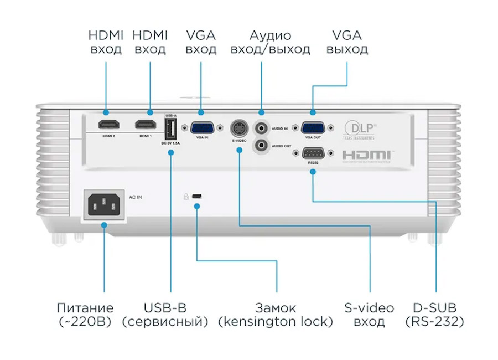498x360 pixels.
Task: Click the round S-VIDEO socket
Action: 238,128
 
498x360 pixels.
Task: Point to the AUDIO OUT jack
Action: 260,146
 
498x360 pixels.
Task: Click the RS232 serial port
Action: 313,153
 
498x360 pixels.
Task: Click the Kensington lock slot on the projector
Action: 198,196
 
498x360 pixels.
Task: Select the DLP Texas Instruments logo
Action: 359,129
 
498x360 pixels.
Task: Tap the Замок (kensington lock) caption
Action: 275,315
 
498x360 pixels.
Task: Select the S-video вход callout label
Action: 369,315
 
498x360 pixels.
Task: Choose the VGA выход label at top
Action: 347,43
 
